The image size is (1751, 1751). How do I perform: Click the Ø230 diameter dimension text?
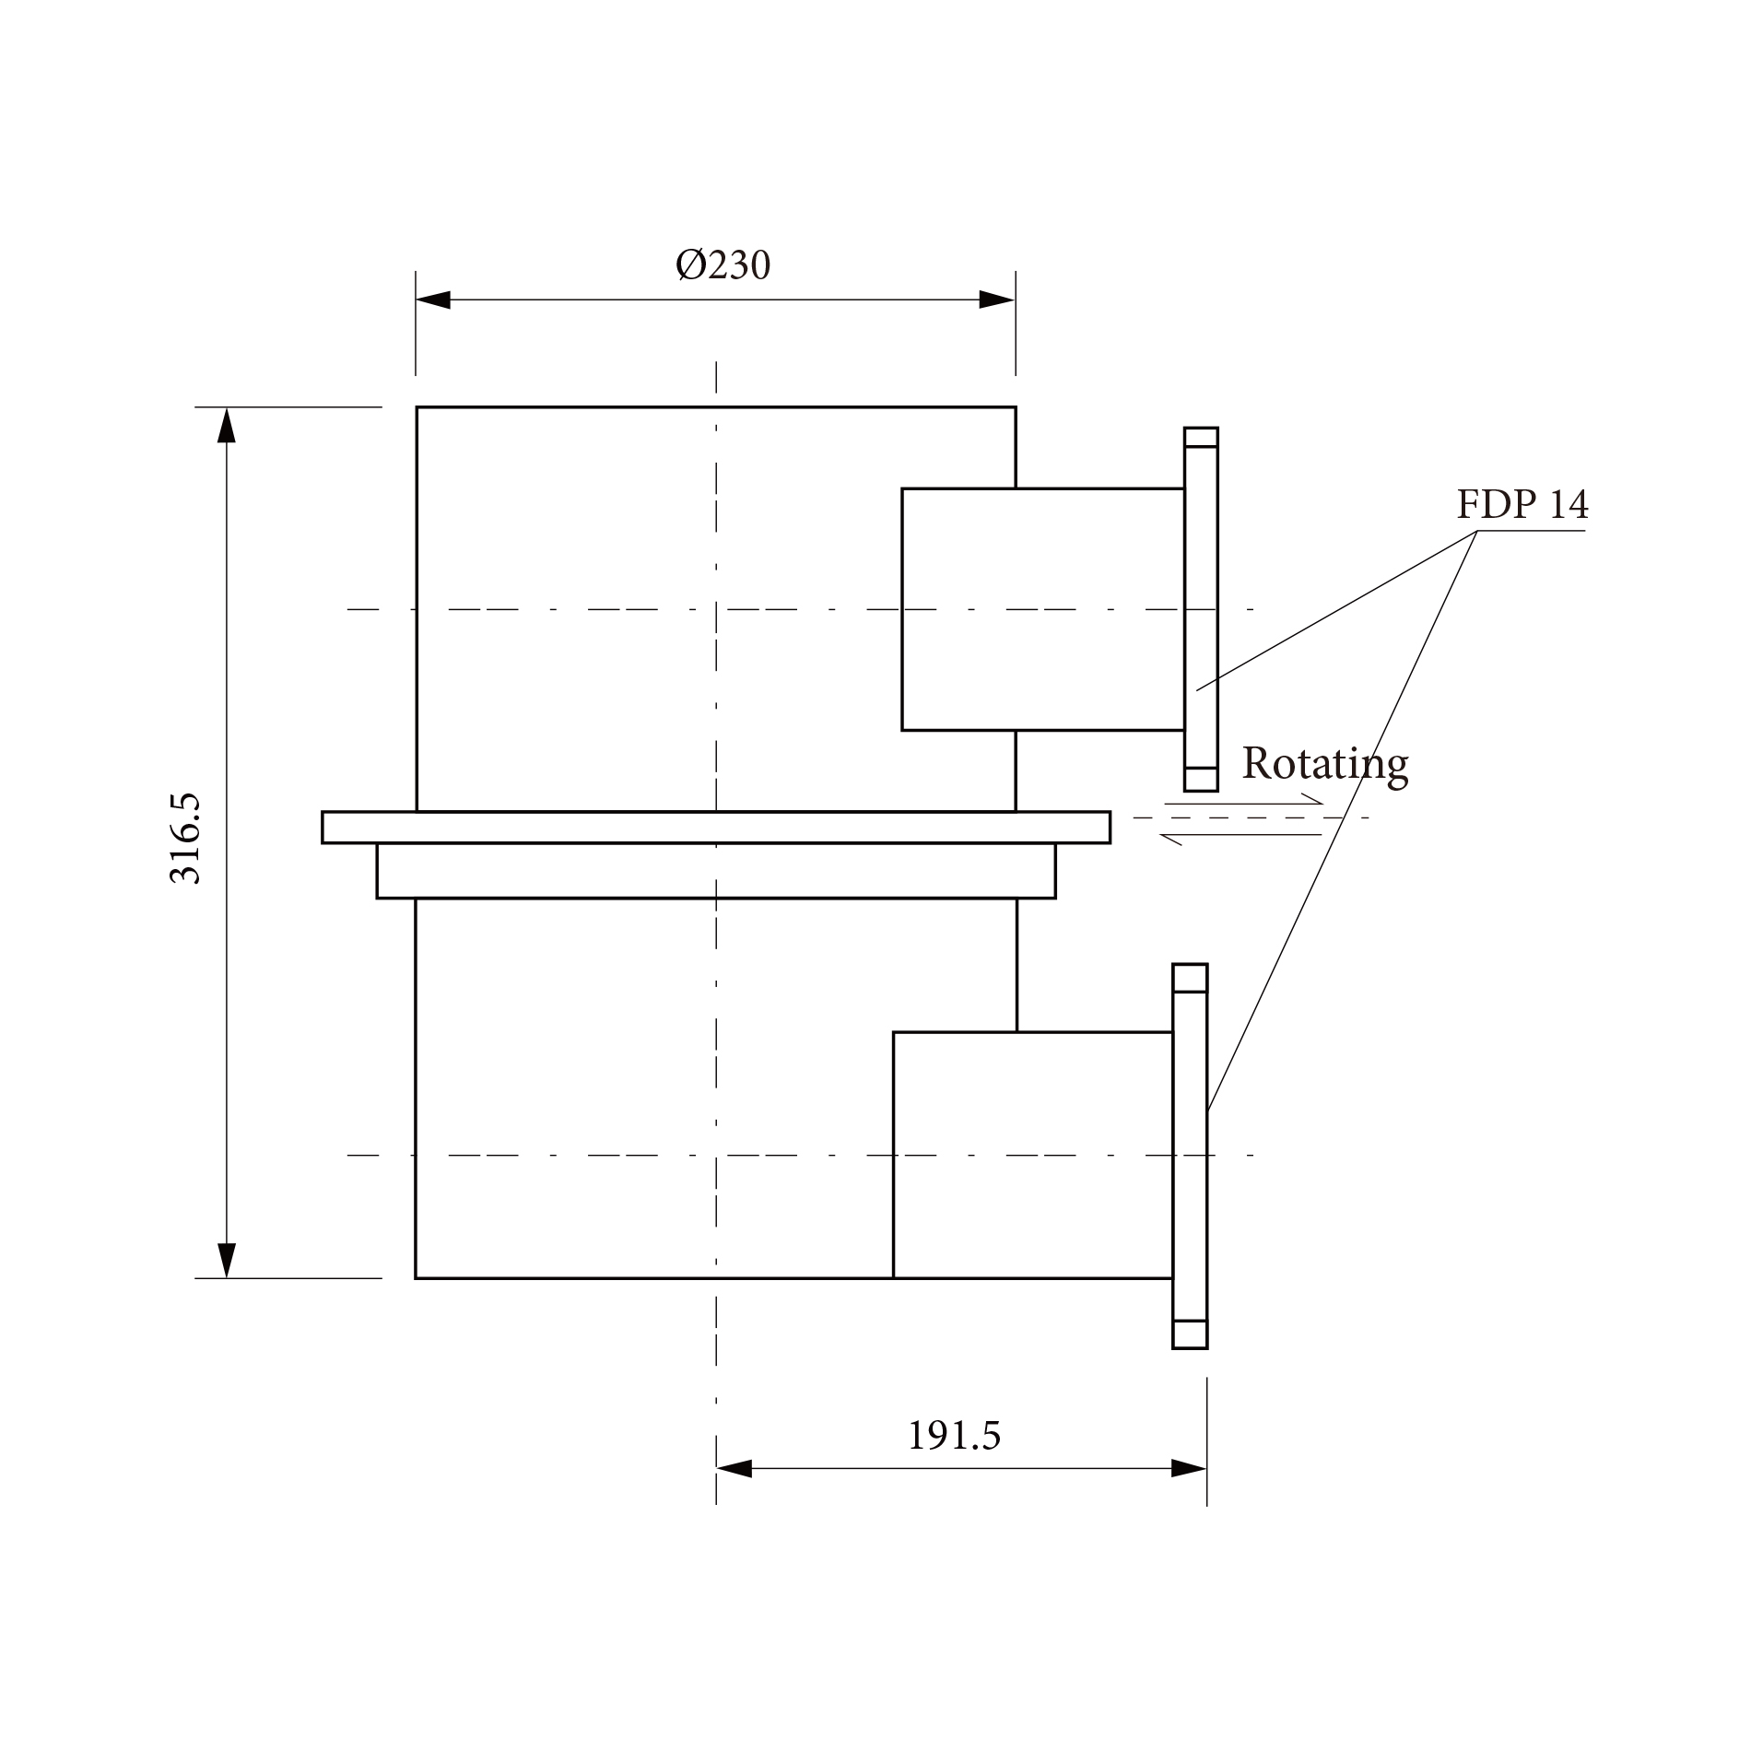[723, 265]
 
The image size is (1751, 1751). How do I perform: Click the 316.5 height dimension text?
[185, 839]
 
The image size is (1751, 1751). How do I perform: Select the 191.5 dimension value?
[954, 1436]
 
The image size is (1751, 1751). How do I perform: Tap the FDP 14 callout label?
[1522, 505]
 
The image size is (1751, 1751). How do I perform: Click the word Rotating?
[1324, 765]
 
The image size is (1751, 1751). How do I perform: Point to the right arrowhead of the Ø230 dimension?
[997, 300]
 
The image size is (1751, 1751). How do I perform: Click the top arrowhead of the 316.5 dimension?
[227, 425]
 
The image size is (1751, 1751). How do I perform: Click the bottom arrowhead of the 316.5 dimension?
[227, 1260]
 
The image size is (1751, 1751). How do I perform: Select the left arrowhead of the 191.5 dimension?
[734, 1469]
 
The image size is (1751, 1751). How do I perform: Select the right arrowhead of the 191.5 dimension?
[1189, 1469]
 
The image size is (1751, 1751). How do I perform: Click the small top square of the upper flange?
[1201, 437]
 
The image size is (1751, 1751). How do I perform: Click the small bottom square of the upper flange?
[1201, 780]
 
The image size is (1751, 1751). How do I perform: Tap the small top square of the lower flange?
[1190, 978]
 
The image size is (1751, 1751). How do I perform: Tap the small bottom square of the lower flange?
[1190, 1334]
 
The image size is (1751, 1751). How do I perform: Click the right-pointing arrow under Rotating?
[1244, 803]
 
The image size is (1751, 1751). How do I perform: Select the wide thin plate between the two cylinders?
[716, 828]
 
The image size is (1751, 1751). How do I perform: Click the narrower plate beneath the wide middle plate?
[716, 871]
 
